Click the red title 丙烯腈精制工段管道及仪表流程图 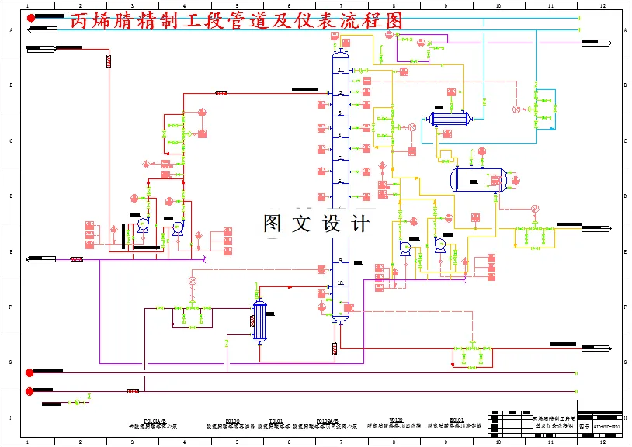coord(236,22)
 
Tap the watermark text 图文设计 coord(316,224)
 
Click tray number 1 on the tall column coord(340,71)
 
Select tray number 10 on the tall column coord(340,283)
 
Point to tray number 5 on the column coord(340,158)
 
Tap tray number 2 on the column coord(340,92)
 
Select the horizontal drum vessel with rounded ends coord(478,180)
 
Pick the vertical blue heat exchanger coord(259,321)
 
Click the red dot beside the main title coord(31,17)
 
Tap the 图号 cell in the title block coord(585,426)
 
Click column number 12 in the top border coord(602,6)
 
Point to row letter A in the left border coord(12,29)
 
